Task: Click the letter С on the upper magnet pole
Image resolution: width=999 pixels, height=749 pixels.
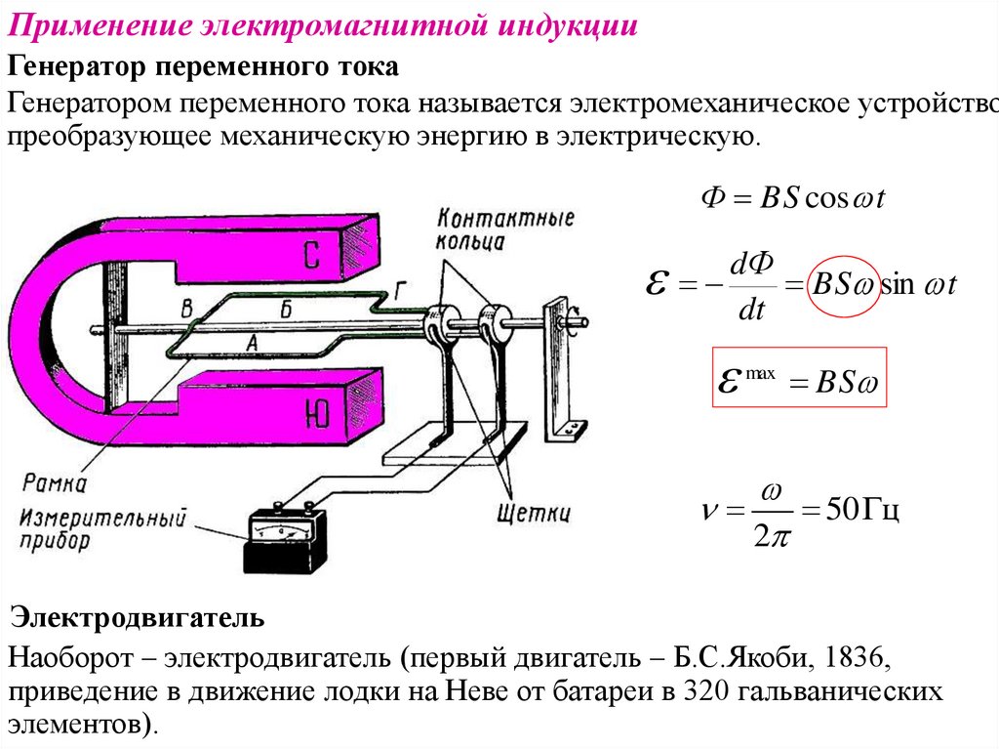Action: tap(313, 254)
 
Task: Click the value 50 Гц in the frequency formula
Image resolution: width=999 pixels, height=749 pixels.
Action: tap(861, 510)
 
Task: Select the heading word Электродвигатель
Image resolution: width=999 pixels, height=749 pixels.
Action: tap(137, 617)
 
